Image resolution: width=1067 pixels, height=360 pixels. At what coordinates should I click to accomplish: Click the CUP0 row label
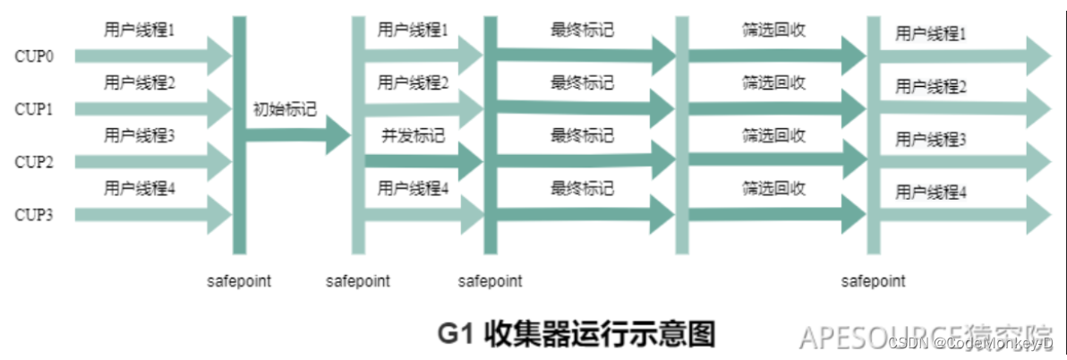pyautogui.click(x=34, y=56)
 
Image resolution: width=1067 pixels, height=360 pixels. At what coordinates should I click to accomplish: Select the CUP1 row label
pyautogui.click(x=34, y=109)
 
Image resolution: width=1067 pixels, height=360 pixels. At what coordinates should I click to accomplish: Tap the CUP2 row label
pyautogui.click(x=34, y=162)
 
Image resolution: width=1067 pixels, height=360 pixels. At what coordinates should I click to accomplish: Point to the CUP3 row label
pyautogui.click(x=34, y=215)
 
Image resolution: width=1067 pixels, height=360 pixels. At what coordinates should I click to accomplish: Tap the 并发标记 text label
pyautogui.click(x=413, y=136)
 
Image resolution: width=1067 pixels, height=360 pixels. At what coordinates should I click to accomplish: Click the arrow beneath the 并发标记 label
pyautogui.click(x=422, y=163)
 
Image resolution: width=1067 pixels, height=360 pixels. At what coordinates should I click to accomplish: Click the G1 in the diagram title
pyautogui.click(x=456, y=334)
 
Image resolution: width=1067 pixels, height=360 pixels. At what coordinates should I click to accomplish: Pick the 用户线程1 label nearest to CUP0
pyautogui.click(x=139, y=30)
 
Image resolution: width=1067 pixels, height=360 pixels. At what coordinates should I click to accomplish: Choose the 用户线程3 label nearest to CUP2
pyautogui.click(x=139, y=135)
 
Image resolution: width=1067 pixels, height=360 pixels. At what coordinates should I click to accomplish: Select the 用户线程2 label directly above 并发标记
pyautogui.click(x=413, y=83)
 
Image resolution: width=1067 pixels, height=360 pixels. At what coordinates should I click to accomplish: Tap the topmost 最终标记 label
pyautogui.click(x=582, y=30)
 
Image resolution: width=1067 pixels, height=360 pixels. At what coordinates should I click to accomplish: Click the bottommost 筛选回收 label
pyautogui.click(x=773, y=188)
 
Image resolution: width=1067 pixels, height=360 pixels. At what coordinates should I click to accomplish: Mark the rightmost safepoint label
pyautogui.click(x=873, y=281)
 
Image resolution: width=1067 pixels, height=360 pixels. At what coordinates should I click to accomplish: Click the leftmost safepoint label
pyautogui.click(x=239, y=281)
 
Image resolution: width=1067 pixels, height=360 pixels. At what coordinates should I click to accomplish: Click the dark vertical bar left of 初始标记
pyautogui.click(x=240, y=134)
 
